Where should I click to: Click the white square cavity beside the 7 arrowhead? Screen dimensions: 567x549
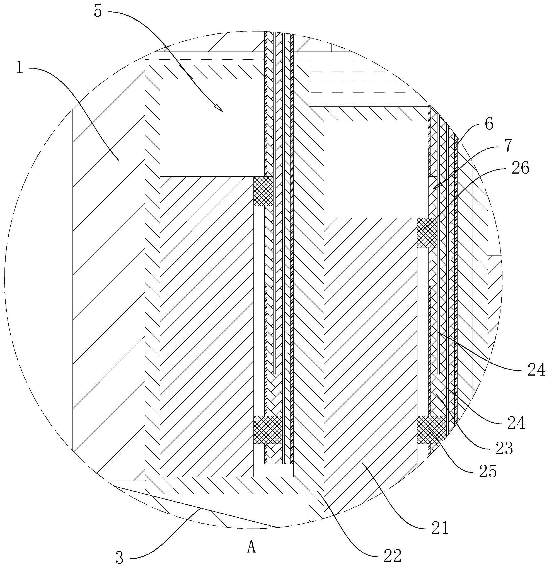coord(375,169)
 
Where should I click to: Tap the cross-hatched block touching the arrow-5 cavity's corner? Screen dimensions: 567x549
coord(263,191)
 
